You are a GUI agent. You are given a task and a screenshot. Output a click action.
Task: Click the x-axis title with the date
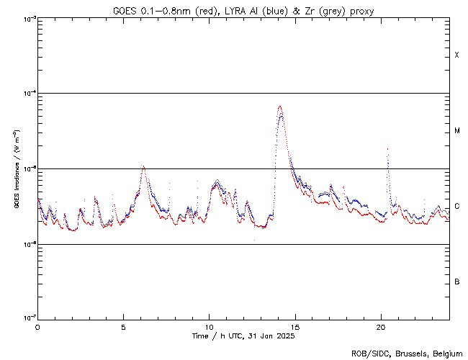(x=243, y=336)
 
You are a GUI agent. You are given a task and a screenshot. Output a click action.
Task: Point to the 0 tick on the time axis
(x=37, y=326)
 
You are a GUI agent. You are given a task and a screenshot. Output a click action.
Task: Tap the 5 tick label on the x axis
(x=123, y=326)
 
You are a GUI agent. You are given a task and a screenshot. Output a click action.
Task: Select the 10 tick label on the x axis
(x=209, y=326)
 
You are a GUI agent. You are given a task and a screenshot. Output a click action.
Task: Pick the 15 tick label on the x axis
(x=294, y=326)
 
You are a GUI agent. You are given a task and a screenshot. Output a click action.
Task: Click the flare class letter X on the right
(x=457, y=55)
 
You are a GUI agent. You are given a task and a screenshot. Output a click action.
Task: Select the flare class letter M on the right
(x=457, y=131)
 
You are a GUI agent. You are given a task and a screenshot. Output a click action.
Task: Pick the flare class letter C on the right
(x=457, y=207)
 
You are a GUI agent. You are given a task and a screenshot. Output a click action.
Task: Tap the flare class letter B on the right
(x=457, y=282)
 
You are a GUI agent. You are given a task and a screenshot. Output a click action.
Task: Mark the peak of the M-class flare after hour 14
(x=279, y=107)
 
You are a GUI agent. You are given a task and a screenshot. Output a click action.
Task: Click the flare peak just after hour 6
(x=143, y=166)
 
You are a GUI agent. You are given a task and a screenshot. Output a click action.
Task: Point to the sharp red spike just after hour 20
(x=387, y=149)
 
